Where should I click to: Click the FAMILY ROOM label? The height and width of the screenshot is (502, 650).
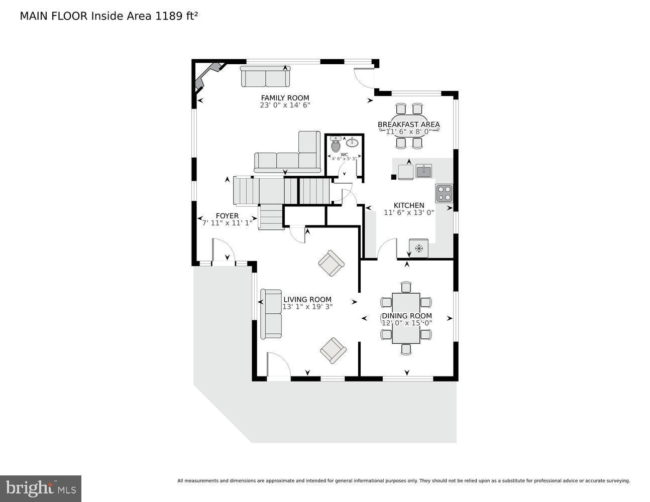285,98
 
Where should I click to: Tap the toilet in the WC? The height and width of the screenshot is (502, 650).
336,146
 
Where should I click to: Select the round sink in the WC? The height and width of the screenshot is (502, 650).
352,143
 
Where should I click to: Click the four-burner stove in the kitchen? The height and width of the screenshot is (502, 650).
444,193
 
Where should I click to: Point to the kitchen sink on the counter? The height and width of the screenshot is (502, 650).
424,171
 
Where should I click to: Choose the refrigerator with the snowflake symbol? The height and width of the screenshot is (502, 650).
418,248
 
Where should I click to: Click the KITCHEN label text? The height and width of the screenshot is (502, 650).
409,205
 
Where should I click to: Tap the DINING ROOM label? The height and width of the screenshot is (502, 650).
407,316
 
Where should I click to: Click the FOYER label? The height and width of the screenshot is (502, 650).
227,216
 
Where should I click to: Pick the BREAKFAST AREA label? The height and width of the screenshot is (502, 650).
408,124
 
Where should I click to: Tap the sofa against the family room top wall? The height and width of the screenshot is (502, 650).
265,77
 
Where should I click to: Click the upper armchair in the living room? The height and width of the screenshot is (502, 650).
332,263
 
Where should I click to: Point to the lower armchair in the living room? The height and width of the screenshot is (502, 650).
333,350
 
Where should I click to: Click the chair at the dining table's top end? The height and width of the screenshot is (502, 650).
406,287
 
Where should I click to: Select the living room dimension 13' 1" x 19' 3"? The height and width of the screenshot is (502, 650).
307,307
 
